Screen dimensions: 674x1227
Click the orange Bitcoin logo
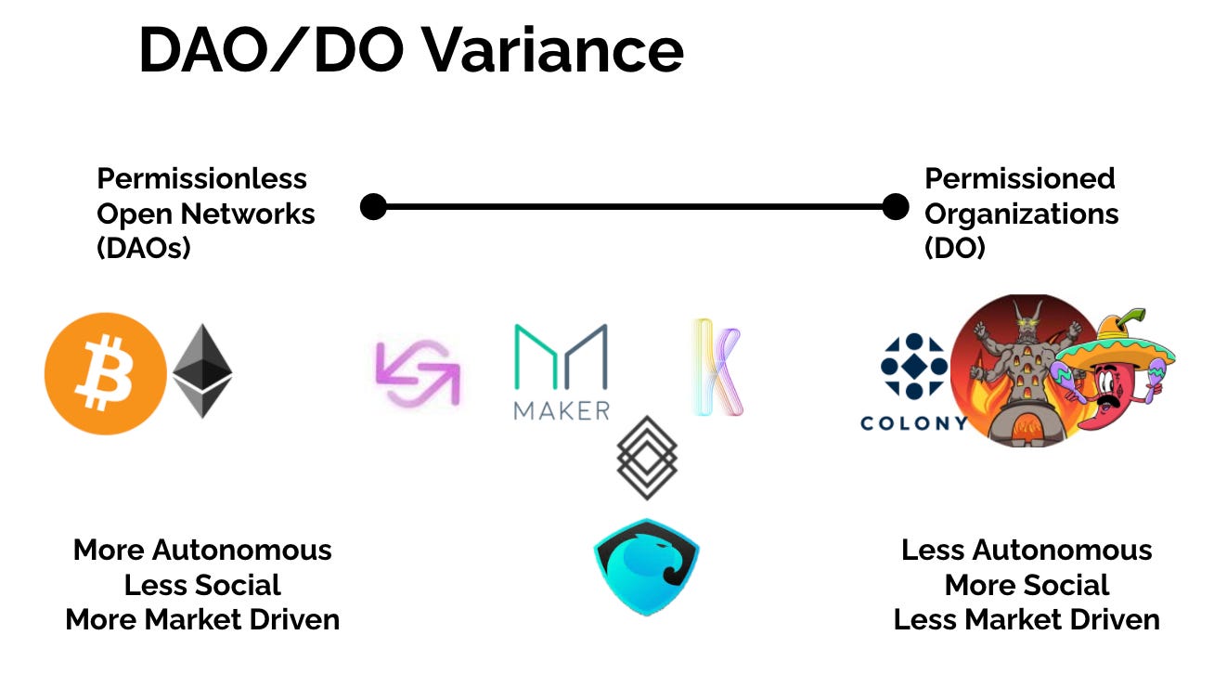[106, 374]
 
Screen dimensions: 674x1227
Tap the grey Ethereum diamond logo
[202, 370]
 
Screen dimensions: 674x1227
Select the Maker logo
[562, 357]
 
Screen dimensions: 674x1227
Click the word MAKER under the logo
[562, 409]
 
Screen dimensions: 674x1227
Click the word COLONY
[914, 423]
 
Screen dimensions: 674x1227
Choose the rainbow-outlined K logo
[717, 368]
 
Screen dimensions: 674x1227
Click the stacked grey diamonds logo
[647, 458]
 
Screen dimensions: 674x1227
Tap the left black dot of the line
[373, 206]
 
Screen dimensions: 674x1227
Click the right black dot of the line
[895, 206]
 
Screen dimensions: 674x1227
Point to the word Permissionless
[201, 178]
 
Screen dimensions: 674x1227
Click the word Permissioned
[1020, 178]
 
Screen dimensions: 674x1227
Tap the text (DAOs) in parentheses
[144, 249]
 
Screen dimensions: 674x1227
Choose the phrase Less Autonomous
[1027, 550]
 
